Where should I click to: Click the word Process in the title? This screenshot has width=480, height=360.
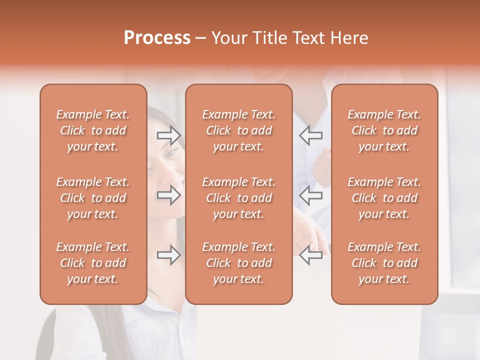pyautogui.click(x=157, y=37)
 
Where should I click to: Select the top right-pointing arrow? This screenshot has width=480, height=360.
pyautogui.click(x=168, y=135)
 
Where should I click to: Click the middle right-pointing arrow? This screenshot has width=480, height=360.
pyautogui.click(x=168, y=195)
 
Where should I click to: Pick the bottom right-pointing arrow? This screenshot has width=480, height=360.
pyautogui.click(x=168, y=255)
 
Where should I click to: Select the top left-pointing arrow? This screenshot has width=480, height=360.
pyautogui.click(x=311, y=135)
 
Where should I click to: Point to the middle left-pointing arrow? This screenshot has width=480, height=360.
pyautogui.click(x=311, y=195)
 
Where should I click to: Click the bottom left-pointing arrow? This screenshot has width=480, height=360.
pyautogui.click(x=311, y=255)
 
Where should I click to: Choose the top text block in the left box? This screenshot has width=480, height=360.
pyautogui.click(x=93, y=130)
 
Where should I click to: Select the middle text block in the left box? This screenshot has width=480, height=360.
pyautogui.click(x=93, y=198)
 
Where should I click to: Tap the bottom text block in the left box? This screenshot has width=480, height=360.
pyautogui.click(x=93, y=263)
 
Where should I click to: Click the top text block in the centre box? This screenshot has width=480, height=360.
pyautogui.click(x=238, y=130)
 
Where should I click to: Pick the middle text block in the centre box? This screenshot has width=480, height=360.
pyautogui.click(x=238, y=198)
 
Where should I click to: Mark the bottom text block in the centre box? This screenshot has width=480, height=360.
pyautogui.click(x=238, y=263)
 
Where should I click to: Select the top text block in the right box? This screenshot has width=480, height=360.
pyautogui.click(x=384, y=130)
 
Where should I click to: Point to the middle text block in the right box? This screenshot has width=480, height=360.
pyautogui.click(x=384, y=198)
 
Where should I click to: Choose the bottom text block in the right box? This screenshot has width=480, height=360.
pyautogui.click(x=384, y=263)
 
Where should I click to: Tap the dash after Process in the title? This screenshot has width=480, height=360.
pyautogui.click(x=201, y=38)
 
